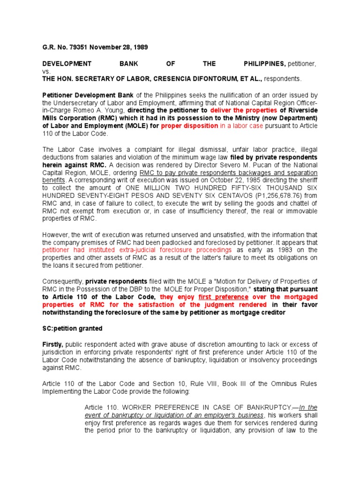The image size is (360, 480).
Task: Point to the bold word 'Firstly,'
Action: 52,344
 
